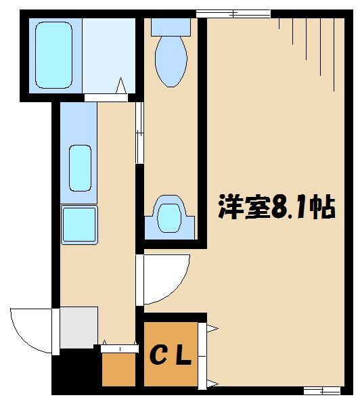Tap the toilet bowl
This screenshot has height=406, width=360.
click(171, 62)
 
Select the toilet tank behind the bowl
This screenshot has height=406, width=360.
click(171, 26)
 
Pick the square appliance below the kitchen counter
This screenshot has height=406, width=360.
click(79, 224)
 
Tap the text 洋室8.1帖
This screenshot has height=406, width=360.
click(276, 208)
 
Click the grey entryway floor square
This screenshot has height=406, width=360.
click(78, 328)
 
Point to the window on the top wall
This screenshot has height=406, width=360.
click(233, 13)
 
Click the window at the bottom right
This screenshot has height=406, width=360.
click(321, 390)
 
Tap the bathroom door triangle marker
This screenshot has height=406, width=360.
click(122, 87)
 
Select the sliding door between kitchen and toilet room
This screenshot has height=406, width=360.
click(139, 133)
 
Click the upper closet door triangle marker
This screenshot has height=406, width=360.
click(210, 329)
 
